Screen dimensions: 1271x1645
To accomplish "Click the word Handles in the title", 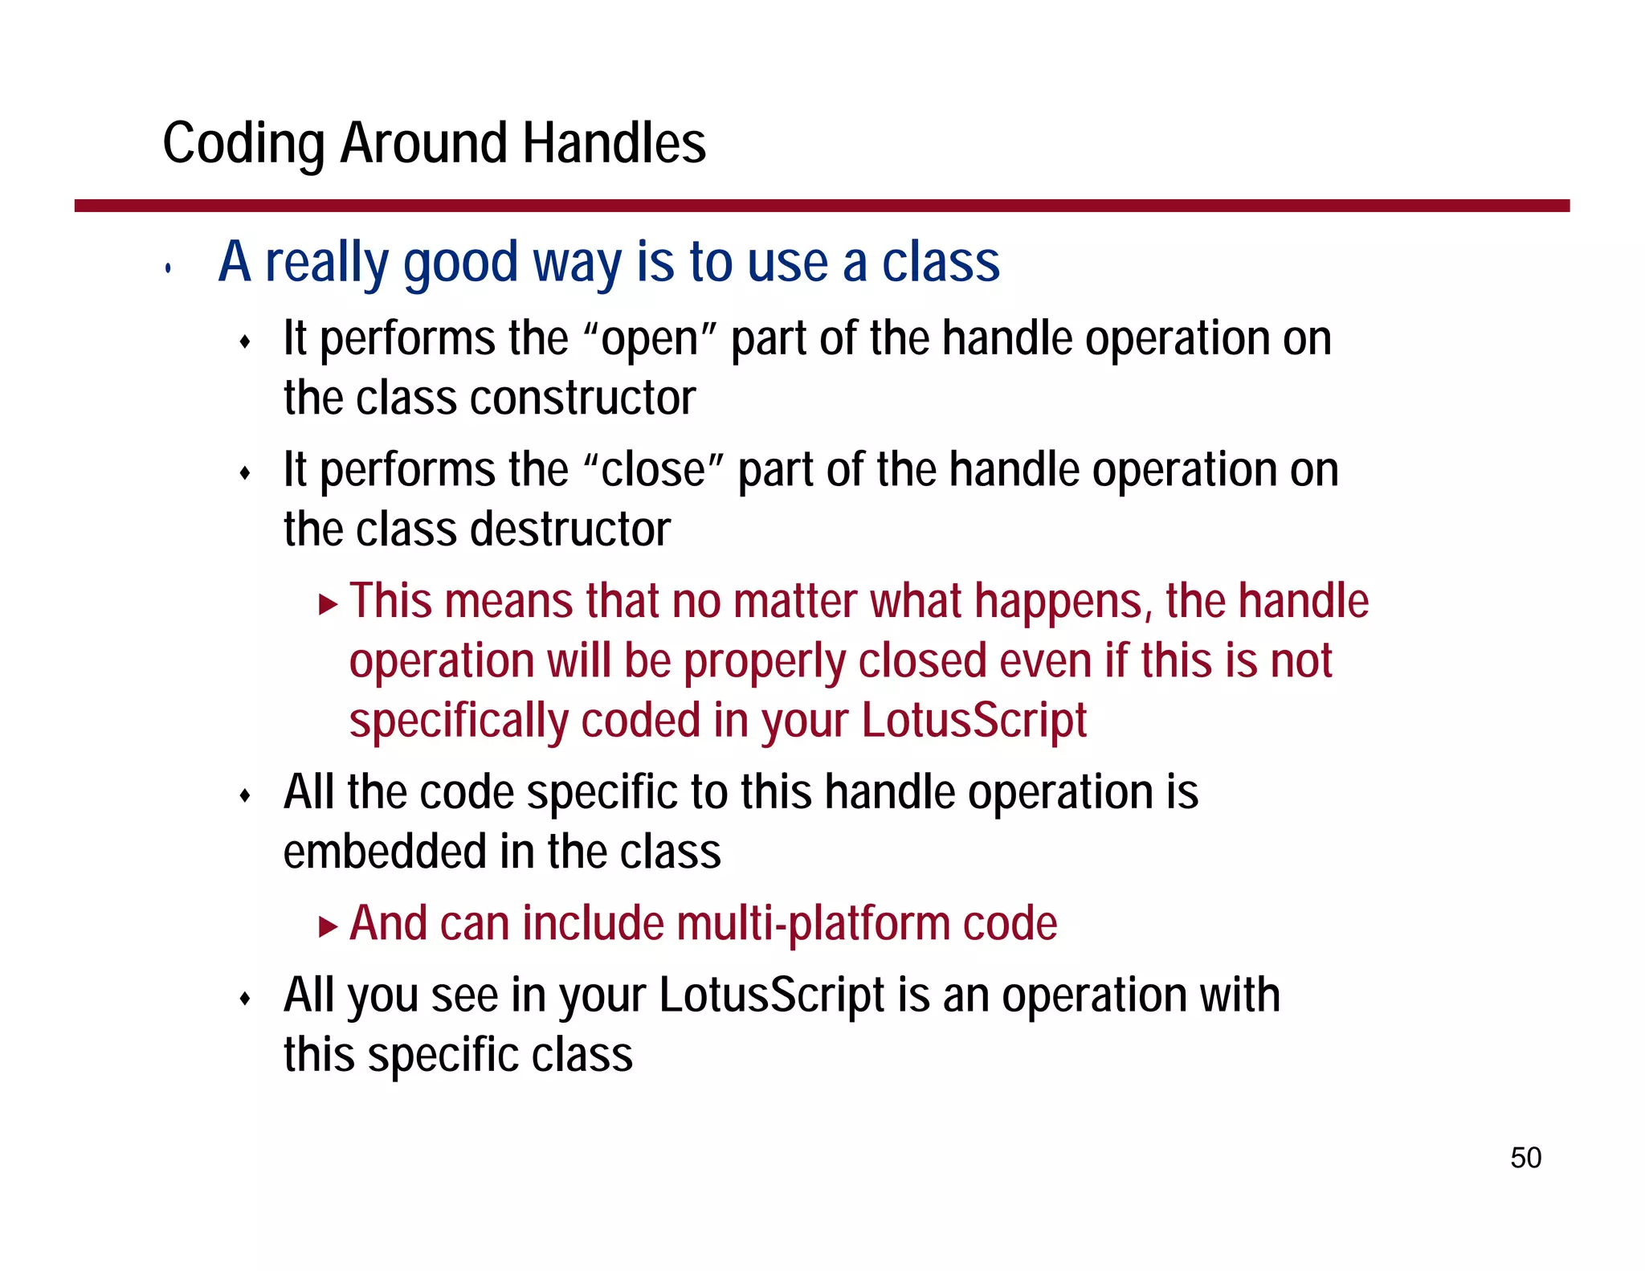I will (614, 143).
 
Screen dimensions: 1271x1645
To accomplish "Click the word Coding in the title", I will (243, 143).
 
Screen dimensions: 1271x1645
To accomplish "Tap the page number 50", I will (1525, 1158).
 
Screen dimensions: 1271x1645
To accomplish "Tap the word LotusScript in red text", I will (974, 720).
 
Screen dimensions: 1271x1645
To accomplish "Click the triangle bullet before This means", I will (328, 603).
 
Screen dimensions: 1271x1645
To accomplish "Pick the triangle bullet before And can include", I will (328, 926).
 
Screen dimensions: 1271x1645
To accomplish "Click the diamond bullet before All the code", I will (246, 796).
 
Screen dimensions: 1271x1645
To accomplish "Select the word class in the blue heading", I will (941, 263).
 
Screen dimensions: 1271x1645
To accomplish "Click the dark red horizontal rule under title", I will (821, 206).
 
